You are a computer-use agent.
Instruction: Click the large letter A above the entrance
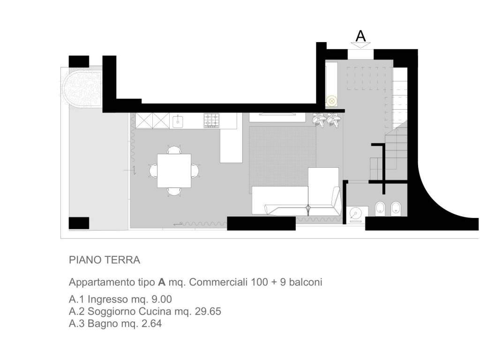(360, 36)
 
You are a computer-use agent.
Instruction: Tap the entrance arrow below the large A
(360, 45)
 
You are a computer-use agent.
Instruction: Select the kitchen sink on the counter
(178, 121)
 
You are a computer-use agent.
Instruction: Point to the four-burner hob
(211, 120)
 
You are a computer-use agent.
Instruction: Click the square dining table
(174, 171)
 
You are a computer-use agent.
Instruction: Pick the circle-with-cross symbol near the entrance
(331, 101)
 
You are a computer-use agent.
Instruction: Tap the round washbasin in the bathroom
(356, 214)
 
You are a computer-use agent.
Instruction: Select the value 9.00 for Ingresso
(162, 299)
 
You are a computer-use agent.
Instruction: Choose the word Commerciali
(218, 282)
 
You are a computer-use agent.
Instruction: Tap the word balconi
(306, 282)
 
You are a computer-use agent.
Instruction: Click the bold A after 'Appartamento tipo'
(162, 282)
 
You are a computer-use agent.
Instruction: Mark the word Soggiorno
(112, 312)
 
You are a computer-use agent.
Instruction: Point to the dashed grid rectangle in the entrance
(366, 78)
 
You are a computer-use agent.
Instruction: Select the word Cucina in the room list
(155, 311)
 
